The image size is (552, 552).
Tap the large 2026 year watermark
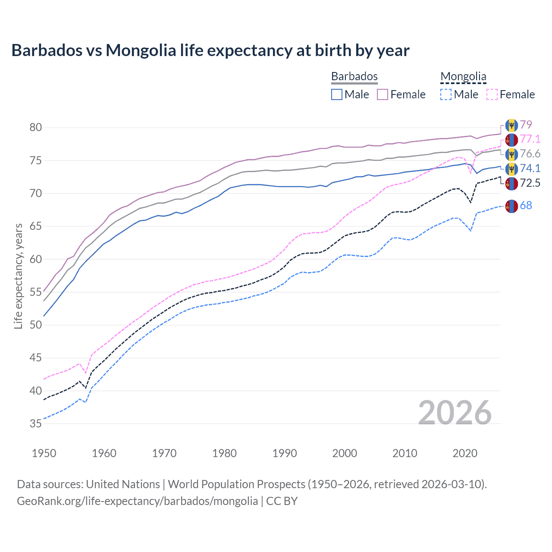click(x=455, y=413)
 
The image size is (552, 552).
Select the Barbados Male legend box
click(x=337, y=94)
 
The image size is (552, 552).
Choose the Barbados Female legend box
click(x=383, y=94)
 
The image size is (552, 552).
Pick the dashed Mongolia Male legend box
click(x=446, y=94)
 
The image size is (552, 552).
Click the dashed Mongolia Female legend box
click(x=492, y=94)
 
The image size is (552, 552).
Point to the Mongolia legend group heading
click(x=463, y=77)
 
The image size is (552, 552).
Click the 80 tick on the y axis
click(x=36, y=127)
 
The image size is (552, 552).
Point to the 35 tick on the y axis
click(x=36, y=423)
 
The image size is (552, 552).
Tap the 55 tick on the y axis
click(x=36, y=292)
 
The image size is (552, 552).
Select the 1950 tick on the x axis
click(x=44, y=453)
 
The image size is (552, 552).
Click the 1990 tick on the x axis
click(x=285, y=453)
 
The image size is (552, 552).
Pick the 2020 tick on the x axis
click(x=465, y=453)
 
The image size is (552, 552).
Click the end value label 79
click(x=526, y=125)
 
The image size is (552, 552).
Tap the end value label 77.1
click(x=530, y=139)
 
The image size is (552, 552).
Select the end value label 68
click(x=526, y=206)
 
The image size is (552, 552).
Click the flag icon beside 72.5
click(x=511, y=183)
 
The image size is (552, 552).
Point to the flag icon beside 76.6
click(x=511, y=154)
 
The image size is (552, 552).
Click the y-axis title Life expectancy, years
click(x=18, y=276)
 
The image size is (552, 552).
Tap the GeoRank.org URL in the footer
click(x=137, y=501)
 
